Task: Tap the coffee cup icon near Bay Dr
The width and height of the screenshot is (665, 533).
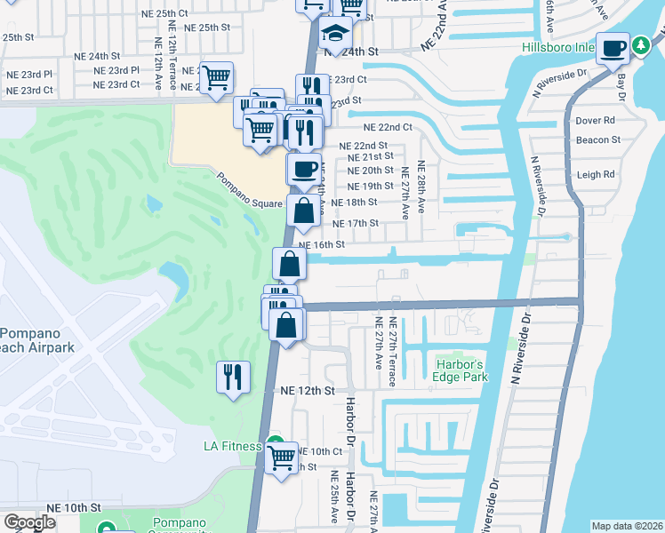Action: pyautogui.click(x=613, y=48)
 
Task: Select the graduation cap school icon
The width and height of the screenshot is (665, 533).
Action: pyautogui.click(x=337, y=35)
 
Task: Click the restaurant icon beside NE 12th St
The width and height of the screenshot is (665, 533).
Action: pyautogui.click(x=233, y=376)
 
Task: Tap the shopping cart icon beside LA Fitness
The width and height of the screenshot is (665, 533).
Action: pyautogui.click(x=282, y=458)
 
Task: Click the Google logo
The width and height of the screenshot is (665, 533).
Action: pyautogui.click(x=29, y=522)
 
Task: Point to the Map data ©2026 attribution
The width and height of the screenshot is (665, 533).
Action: pyautogui.click(x=627, y=526)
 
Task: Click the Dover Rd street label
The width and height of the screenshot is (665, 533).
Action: pyautogui.click(x=596, y=120)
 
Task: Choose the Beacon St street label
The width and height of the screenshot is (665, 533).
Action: pyautogui.click(x=597, y=140)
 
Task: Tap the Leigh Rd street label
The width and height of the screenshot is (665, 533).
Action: pyautogui.click(x=596, y=175)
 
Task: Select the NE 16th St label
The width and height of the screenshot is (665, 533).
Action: pyautogui.click(x=321, y=244)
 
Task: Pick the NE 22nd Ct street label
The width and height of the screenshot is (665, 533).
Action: pyautogui.click(x=388, y=127)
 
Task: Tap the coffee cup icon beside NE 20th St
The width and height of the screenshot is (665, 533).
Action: pyautogui.click(x=304, y=168)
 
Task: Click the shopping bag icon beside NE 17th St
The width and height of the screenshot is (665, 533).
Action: pyautogui.click(x=303, y=211)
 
